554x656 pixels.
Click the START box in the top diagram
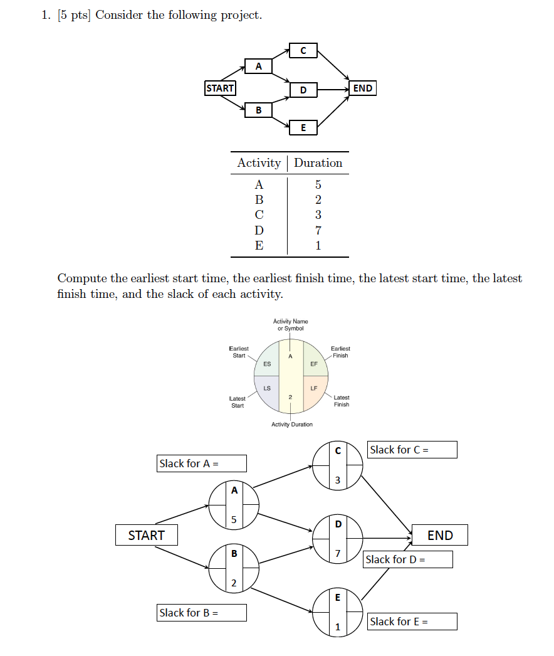point(220,88)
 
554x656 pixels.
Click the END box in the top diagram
point(363,88)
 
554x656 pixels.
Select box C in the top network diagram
point(303,51)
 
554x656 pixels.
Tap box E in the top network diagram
point(303,128)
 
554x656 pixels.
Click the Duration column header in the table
point(318,163)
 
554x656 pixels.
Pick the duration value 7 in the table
point(318,231)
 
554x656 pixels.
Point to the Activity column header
point(259,163)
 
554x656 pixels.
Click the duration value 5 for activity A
point(318,185)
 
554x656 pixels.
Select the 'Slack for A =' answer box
point(202,463)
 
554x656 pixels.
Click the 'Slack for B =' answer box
point(202,613)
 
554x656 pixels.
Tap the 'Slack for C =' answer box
point(412,450)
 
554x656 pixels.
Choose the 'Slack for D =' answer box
point(408,559)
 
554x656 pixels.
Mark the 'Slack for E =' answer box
point(412,622)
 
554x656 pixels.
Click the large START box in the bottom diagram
point(146,536)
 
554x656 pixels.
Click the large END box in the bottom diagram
point(440,536)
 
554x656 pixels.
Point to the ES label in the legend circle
point(268,364)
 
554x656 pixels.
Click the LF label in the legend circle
point(314,388)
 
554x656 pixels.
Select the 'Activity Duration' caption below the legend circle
point(292,425)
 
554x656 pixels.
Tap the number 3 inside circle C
point(338,481)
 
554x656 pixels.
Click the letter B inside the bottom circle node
point(234,554)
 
